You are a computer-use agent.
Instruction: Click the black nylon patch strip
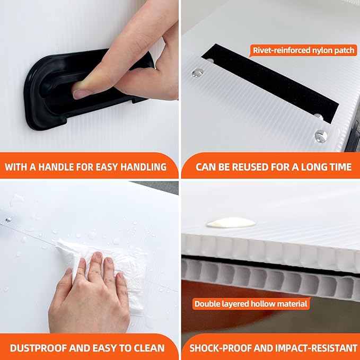click(x=270, y=83)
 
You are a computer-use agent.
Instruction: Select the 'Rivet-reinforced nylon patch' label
click(x=303, y=50)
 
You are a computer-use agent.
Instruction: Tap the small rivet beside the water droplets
click(x=8, y=219)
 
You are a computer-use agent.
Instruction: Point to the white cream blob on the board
click(x=231, y=223)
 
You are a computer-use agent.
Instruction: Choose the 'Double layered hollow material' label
click(x=251, y=304)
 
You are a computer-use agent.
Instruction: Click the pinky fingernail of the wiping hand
click(x=121, y=276)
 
